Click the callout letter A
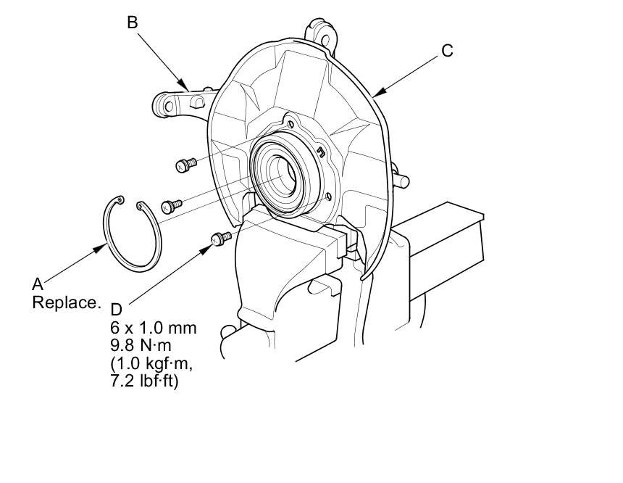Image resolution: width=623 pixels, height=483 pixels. point(37,285)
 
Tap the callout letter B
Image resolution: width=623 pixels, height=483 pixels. point(132,22)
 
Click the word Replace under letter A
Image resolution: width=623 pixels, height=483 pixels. point(64,302)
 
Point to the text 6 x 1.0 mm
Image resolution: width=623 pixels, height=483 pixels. point(150,328)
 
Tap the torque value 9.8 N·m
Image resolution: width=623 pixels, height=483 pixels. point(142,345)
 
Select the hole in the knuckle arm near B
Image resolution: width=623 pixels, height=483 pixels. point(168,106)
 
